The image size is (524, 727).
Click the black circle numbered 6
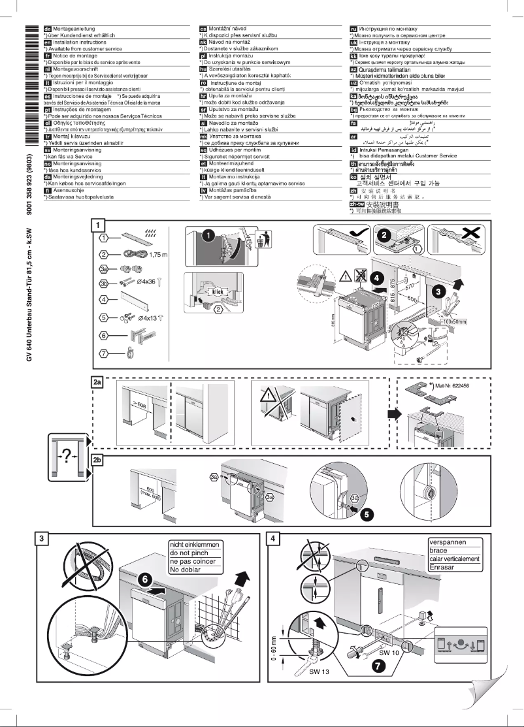pos(146,577)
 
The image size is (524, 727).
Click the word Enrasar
pos(445,566)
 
